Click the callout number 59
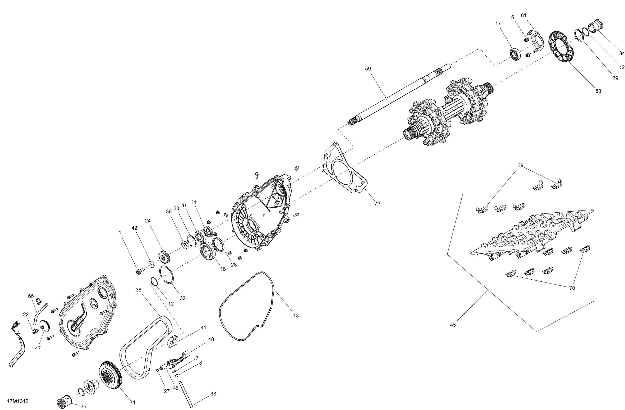click(368, 69)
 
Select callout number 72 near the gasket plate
click(377, 203)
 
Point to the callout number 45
click(453, 325)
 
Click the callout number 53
click(598, 91)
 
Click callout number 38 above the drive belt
click(138, 290)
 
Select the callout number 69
click(520, 166)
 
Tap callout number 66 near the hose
click(31, 296)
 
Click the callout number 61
click(523, 15)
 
